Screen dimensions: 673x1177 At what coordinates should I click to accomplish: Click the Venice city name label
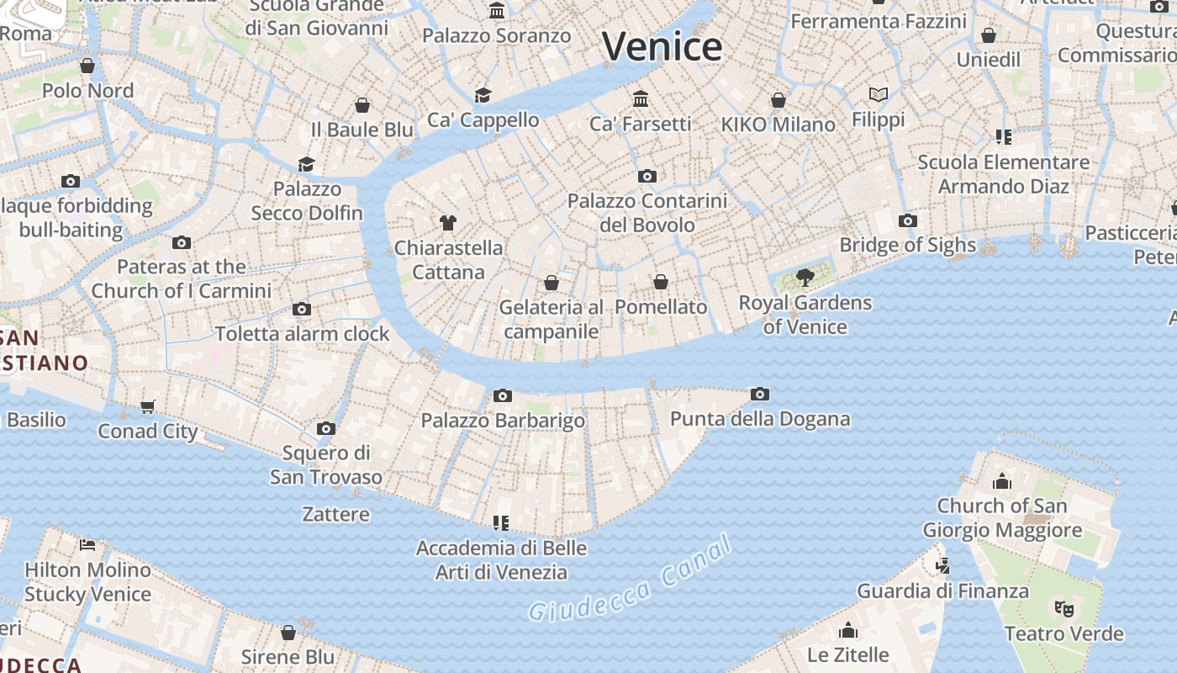(x=662, y=45)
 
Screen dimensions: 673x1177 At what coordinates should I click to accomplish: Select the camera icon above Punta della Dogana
(x=760, y=394)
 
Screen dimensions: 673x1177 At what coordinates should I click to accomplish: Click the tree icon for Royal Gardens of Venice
(x=805, y=277)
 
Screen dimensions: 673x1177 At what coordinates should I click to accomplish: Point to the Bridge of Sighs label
(x=908, y=245)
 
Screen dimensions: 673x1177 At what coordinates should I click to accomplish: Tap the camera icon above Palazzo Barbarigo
(x=503, y=395)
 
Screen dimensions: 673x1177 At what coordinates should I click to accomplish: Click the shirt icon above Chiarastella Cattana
(x=448, y=223)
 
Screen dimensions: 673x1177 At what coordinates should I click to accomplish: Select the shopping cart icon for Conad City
(x=148, y=407)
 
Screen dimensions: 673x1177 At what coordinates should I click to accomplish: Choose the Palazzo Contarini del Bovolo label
(x=647, y=213)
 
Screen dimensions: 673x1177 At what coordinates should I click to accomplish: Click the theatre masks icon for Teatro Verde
(x=1064, y=607)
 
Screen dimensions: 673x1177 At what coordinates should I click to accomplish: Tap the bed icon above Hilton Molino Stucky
(x=87, y=545)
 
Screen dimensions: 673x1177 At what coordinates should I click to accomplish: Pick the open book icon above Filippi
(x=879, y=94)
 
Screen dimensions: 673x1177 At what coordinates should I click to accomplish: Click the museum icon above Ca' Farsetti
(x=641, y=98)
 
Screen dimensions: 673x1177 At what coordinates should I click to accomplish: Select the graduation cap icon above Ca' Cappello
(x=483, y=95)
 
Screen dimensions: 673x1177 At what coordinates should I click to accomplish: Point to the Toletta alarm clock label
(x=303, y=333)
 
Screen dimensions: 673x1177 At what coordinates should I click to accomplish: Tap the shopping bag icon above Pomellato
(x=661, y=282)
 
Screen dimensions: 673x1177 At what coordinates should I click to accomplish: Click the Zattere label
(x=335, y=513)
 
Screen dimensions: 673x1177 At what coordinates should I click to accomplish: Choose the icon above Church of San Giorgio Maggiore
(x=1001, y=481)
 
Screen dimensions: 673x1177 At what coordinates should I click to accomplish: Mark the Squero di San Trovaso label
(x=326, y=464)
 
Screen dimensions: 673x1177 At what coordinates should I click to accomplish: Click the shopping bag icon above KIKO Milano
(x=779, y=100)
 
